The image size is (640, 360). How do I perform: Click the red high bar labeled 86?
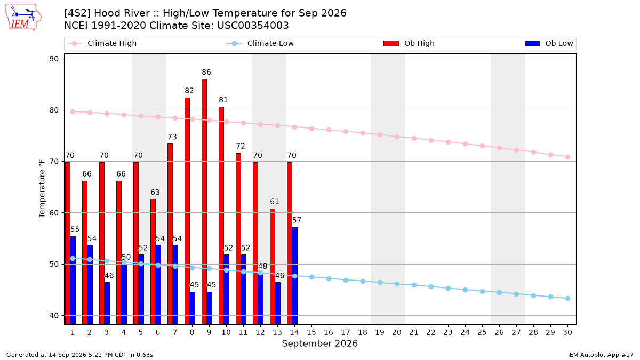(204, 202)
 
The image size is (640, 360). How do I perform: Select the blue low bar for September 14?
(294, 276)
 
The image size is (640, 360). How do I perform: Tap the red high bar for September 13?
(273, 267)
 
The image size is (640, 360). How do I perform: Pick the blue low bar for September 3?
(107, 303)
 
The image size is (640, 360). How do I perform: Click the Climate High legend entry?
(101, 43)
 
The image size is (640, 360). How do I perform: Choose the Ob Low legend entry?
(549, 43)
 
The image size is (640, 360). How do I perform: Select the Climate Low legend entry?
(260, 43)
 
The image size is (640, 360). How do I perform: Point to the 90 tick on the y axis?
(54, 59)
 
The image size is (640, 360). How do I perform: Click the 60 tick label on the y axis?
(54, 213)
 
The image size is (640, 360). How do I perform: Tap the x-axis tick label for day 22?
(431, 332)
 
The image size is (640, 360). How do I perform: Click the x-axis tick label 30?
(567, 332)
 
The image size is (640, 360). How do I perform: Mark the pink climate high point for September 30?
(567, 157)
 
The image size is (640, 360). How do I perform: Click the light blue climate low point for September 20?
(397, 284)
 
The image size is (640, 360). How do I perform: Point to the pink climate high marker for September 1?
(73, 111)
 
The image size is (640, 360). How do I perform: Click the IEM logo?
(23, 18)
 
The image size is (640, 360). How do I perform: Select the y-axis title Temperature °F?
(42, 189)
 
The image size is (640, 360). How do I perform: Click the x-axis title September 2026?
(319, 343)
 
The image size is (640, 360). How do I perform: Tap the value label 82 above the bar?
(189, 91)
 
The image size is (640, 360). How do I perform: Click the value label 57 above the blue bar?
(297, 220)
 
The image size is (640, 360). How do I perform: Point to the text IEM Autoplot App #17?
(601, 355)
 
